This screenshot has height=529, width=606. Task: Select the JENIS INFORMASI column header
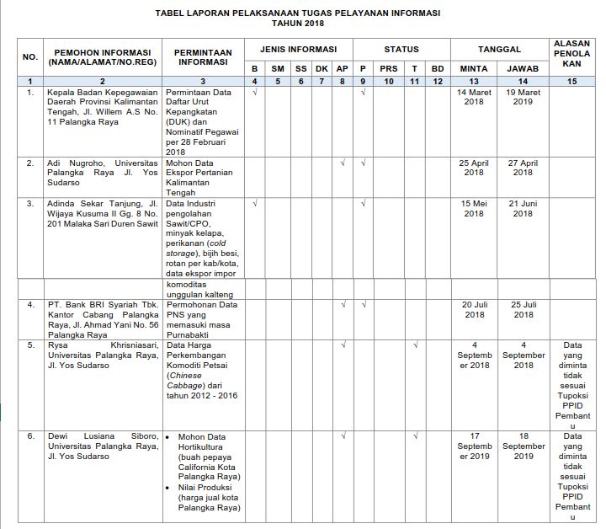pos(298,50)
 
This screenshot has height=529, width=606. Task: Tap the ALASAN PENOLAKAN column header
pos(572,52)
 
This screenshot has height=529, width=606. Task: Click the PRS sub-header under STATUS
pos(389,67)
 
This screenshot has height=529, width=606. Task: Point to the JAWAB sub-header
pos(523,67)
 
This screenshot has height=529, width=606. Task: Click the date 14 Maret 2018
pos(474,96)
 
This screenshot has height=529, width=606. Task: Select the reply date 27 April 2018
pos(523,167)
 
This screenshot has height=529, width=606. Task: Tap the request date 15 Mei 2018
pos(474,208)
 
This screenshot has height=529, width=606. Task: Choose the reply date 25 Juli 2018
pos(523,309)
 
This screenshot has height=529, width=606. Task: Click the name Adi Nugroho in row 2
pos(77,162)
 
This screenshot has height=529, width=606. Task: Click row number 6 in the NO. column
pos(31,436)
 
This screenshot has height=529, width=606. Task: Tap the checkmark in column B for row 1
pos(255,91)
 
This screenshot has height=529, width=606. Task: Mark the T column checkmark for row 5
pos(415,345)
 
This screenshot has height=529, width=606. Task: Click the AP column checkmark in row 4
pos(343,304)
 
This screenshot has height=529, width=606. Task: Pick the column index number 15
pos(572,81)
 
